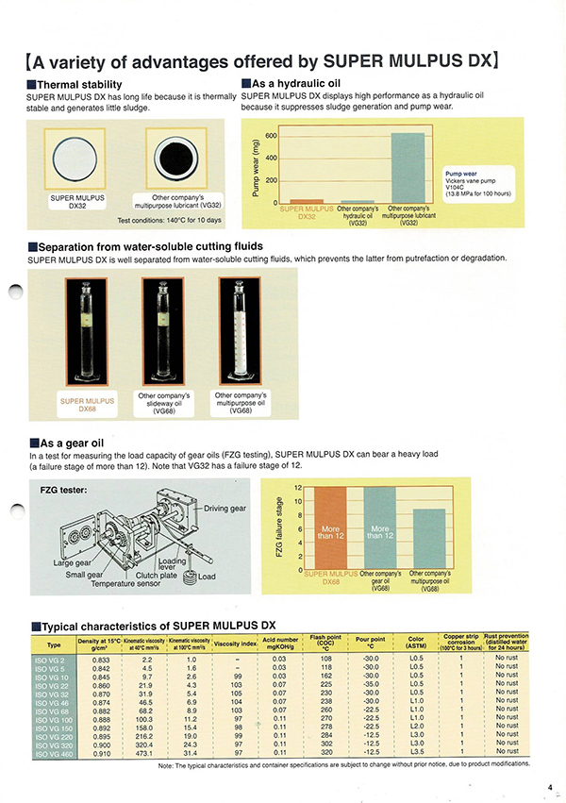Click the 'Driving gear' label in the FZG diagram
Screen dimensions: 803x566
[225, 509]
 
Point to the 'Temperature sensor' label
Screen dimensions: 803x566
[125, 584]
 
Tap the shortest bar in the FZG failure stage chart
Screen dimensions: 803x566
[429, 539]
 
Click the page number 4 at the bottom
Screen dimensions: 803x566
[548, 786]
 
